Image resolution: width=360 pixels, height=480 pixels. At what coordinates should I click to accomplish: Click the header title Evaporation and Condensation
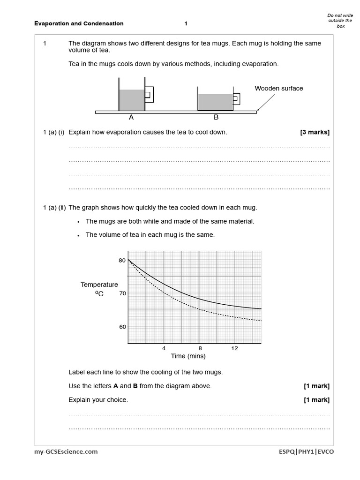(x=79, y=23)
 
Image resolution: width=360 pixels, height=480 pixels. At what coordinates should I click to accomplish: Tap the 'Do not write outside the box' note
(x=340, y=21)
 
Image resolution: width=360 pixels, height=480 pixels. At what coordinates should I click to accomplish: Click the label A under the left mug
(x=131, y=118)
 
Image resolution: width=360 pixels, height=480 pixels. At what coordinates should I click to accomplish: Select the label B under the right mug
(x=216, y=118)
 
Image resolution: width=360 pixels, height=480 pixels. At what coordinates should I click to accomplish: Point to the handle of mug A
(x=149, y=95)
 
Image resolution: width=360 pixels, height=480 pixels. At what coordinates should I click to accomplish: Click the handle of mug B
(x=237, y=99)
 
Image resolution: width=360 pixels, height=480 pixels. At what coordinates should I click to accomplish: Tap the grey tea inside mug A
(x=132, y=100)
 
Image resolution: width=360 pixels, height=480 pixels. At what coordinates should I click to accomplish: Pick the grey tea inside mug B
(x=215, y=102)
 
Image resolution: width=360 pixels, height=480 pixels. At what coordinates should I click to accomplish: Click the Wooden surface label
(x=279, y=88)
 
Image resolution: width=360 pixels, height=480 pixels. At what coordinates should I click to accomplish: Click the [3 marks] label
(x=315, y=132)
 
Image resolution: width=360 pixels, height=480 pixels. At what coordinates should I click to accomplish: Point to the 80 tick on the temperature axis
(x=122, y=260)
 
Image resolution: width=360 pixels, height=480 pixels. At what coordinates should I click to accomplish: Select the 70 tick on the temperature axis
(x=122, y=293)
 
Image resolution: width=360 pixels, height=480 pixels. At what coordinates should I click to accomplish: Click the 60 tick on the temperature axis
(x=122, y=327)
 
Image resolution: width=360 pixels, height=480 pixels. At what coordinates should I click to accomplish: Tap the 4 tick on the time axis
(x=164, y=348)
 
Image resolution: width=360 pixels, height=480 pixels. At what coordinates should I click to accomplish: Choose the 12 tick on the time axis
(x=235, y=348)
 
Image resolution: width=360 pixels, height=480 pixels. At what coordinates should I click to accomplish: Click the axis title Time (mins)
(x=188, y=356)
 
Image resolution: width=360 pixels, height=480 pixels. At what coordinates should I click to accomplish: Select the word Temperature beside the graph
(x=99, y=285)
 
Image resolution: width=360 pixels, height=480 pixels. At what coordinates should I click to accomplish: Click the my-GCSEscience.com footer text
(x=66, y=452)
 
